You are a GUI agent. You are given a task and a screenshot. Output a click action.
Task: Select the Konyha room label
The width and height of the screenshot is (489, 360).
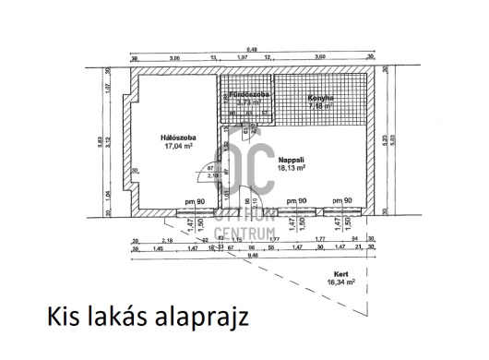pos(320,96)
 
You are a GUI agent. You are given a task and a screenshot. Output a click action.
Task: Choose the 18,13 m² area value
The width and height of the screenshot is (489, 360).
pos(291,169)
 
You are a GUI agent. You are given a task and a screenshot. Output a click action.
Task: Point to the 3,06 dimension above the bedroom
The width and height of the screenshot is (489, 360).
pos(174,59)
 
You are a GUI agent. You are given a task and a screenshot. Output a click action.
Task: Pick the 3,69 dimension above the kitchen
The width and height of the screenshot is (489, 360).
pos(320,59)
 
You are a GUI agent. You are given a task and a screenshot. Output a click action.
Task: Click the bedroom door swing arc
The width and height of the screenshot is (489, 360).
pos(196,175)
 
